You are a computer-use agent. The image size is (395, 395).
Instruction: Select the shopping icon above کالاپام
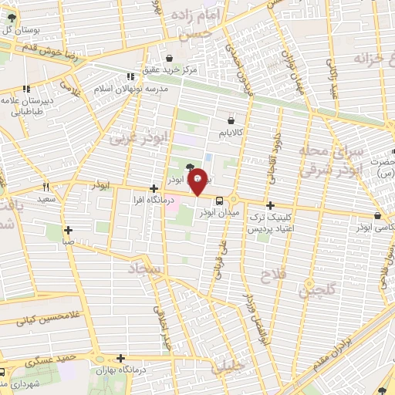(x=231, y=120)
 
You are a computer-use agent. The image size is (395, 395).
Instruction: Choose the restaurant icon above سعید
(x=47, y=187)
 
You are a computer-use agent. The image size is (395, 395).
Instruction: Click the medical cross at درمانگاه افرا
(x=154, y=188)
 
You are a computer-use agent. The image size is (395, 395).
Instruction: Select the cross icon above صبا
(x=69, y=229)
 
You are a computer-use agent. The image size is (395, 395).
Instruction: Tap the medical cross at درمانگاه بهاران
(x=120, y=358)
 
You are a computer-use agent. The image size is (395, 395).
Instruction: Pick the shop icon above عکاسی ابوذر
(x=376, y=216)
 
